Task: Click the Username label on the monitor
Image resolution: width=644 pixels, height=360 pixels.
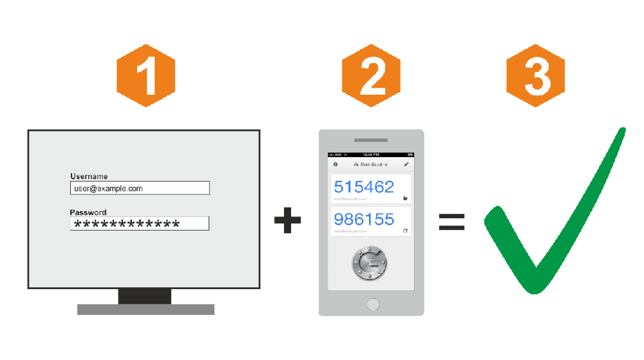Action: (89, 176)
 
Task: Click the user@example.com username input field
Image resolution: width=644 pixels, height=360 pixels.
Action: (140, 188)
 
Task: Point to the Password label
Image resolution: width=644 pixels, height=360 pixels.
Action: (88, 213)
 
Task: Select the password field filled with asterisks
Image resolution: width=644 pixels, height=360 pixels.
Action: (140, 223)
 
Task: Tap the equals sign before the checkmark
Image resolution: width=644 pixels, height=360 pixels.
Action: (451, 222)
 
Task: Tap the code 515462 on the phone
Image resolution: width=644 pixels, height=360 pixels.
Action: (364, 187)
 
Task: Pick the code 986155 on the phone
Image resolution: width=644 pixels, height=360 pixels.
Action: (364, 220)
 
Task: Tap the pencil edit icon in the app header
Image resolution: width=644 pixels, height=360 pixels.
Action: (406, 165)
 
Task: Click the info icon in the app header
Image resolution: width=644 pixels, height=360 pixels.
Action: (336, 165)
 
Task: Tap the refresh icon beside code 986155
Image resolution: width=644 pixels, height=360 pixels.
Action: (405, 231)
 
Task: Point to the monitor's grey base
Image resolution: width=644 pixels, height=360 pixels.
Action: (146, 309)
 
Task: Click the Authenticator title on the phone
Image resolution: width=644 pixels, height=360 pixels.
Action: (370, 165)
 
